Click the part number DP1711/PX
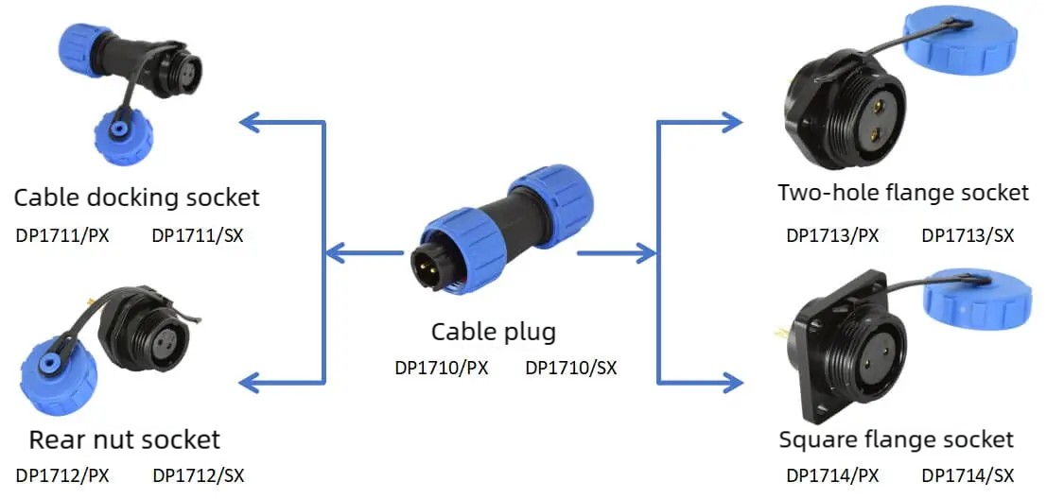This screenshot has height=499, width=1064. click(62, 236)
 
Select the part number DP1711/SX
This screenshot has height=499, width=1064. click(198, 236)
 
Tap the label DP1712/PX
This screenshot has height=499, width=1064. click(62, 475)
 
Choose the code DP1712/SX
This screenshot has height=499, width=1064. click(199, 475)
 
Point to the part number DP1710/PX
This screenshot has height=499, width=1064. click(441, 369)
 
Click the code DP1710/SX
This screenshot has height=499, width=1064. click(571, 369)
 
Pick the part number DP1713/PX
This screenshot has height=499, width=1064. click(832, 236)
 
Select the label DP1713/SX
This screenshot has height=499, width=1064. click(968, 236)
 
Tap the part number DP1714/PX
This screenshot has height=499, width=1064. click(832, 475)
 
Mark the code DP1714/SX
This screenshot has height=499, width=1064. click(968, 475)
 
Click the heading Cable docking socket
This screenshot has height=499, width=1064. click(136, 198)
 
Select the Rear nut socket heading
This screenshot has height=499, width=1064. click(124, 440)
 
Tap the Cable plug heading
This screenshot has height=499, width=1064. click(494, 333)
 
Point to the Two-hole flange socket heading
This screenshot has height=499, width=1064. click(903, 193)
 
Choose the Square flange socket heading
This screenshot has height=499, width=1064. click(896, 439)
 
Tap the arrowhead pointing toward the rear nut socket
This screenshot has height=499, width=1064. click(250, 383)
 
